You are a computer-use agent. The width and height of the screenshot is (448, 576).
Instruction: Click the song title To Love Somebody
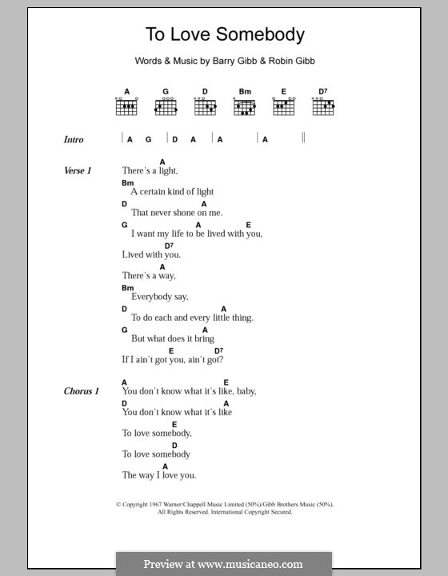click(224, 34)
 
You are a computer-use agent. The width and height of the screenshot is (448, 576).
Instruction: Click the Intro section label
click(74, 140)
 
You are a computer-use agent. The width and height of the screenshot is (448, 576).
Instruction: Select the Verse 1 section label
click(78, 171)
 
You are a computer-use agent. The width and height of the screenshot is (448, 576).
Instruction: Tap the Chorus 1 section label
click(81, 391)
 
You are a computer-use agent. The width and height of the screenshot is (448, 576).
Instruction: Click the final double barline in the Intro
click(304, 138)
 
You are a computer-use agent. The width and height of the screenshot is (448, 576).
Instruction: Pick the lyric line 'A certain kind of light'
click(172, 192)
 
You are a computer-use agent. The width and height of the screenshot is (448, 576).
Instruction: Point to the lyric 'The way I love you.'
click(158, 474)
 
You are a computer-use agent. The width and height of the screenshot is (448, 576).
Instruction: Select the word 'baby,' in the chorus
click(245, 391)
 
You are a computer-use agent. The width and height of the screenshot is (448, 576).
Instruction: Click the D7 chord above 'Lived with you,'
click(169, 246)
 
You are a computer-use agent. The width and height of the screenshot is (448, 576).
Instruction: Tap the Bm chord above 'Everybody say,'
click(127, 287)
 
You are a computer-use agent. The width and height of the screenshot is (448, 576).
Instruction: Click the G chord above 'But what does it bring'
click(125, 330)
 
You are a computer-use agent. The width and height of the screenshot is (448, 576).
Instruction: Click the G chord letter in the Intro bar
click(148, 139)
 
